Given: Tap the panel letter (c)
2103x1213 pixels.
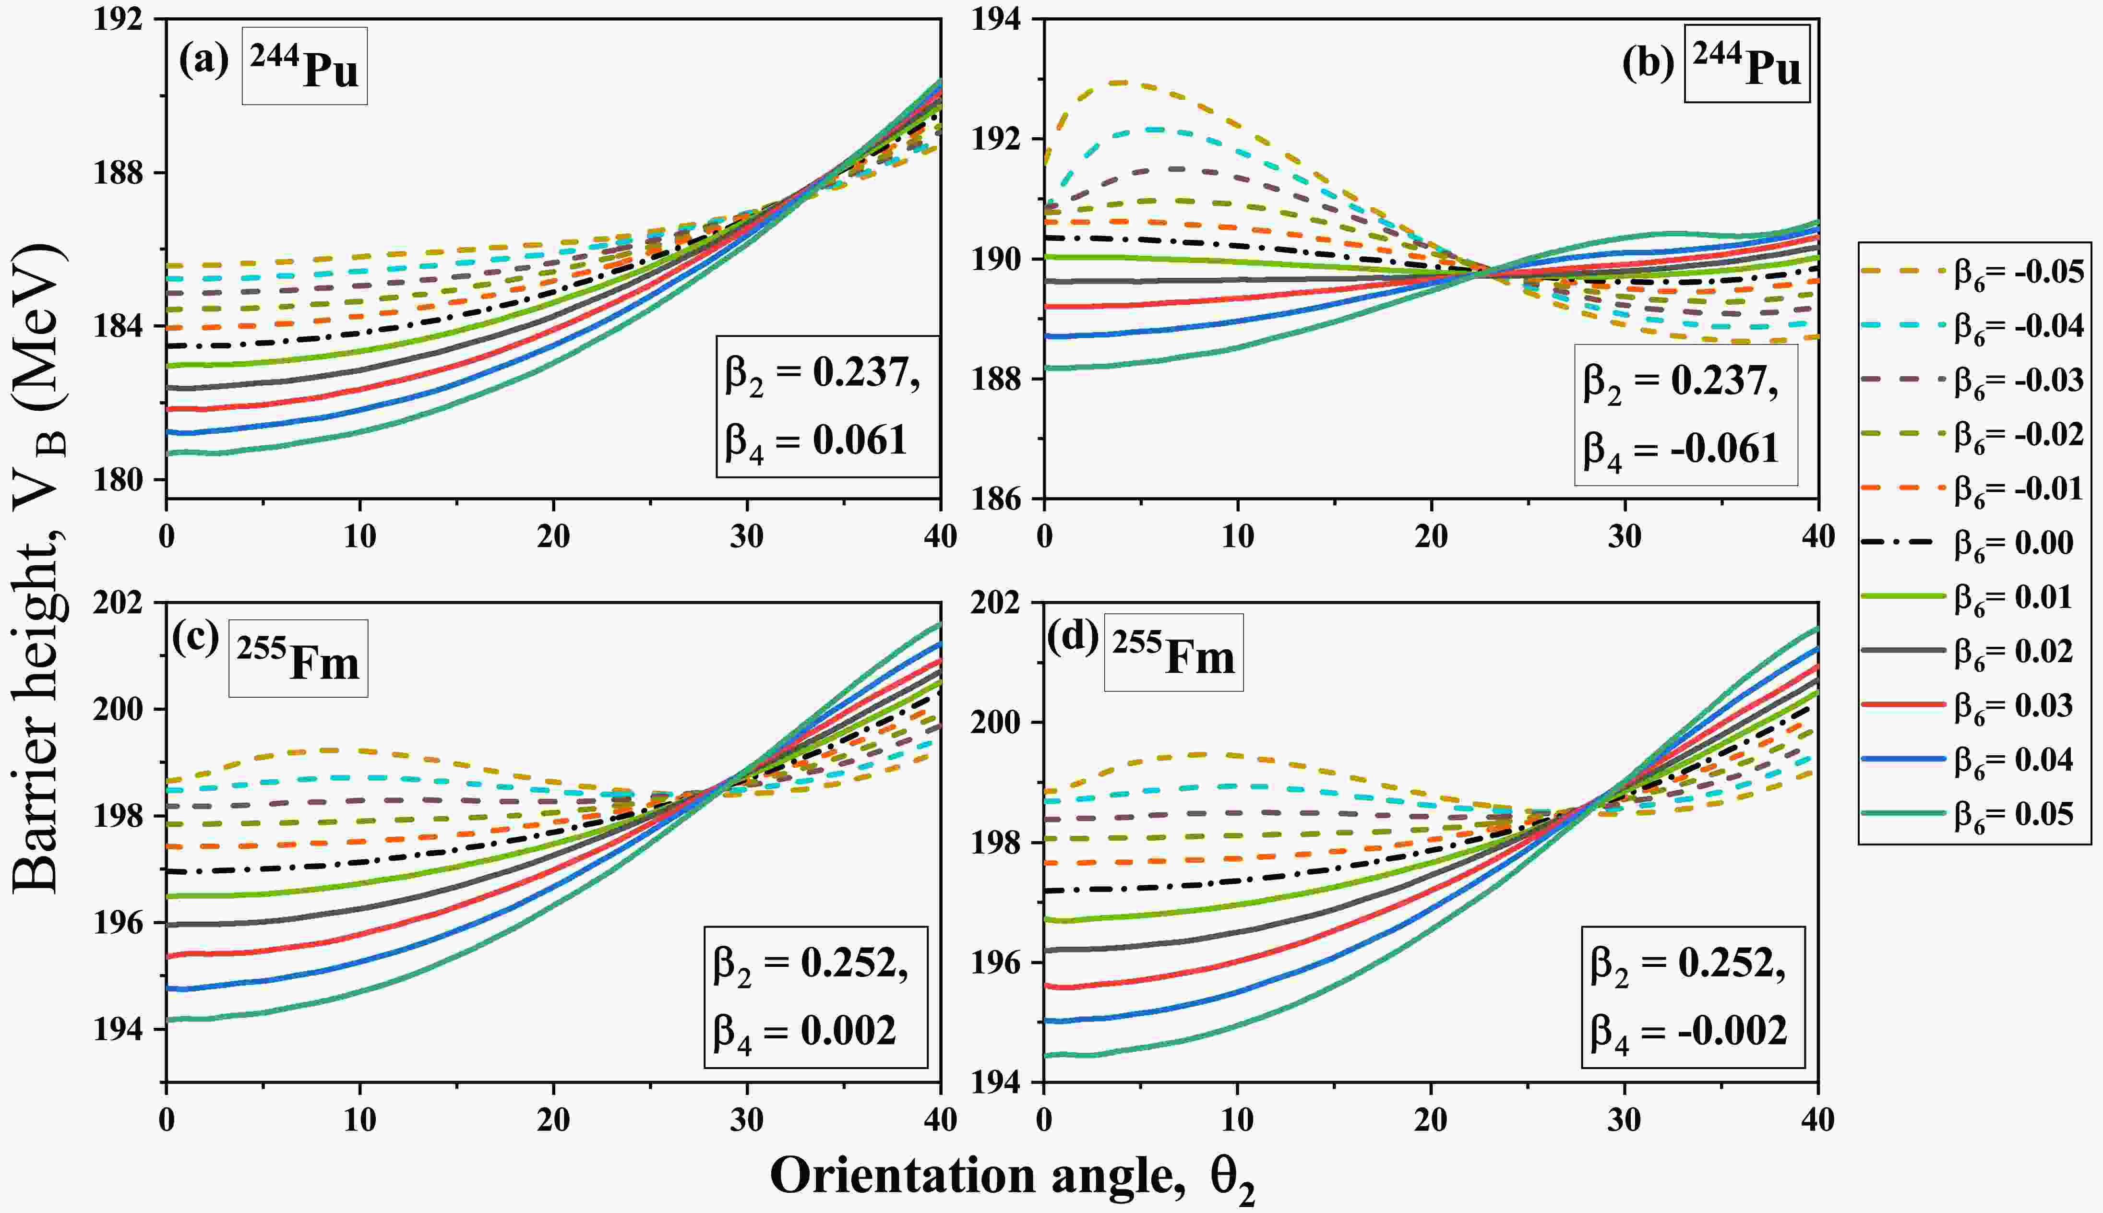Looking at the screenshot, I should click(x=196, y=639).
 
